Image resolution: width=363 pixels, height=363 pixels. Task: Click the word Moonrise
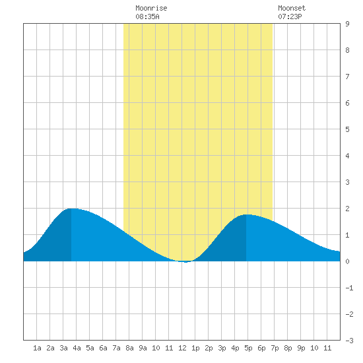point(151,8)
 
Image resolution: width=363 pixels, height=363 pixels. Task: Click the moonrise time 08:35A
point(147,16)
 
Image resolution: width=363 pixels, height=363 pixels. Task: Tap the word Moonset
point(292,8)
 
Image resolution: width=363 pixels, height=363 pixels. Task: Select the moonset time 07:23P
point(290,16)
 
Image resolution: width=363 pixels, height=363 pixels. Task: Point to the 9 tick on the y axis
point(347,24)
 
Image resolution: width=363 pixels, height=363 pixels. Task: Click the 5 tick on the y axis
point(347,129)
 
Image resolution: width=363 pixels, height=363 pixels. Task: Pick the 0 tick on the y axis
point(347,261)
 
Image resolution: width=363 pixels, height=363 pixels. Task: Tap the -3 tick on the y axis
point(349,341)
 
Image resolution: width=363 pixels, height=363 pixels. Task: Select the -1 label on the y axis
point(349,288)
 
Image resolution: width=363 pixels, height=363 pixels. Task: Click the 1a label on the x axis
point(37,348)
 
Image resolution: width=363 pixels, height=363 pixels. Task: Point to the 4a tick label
point(77,348)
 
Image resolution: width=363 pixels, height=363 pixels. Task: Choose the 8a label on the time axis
point(129,348)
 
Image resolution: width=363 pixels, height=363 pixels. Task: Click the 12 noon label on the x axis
point(182,348)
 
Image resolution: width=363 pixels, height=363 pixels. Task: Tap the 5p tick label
point(248,348)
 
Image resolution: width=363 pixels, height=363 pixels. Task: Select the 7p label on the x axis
point(275,348)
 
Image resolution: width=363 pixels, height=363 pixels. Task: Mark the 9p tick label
point(301,348)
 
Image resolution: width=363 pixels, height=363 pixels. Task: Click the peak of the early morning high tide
point(72,209)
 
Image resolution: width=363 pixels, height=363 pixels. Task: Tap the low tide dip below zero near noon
point(185,262)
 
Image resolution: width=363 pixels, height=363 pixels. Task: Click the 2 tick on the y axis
point(347,209)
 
